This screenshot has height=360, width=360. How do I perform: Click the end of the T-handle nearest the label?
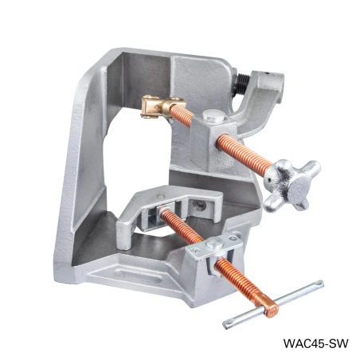coord(318,284)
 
